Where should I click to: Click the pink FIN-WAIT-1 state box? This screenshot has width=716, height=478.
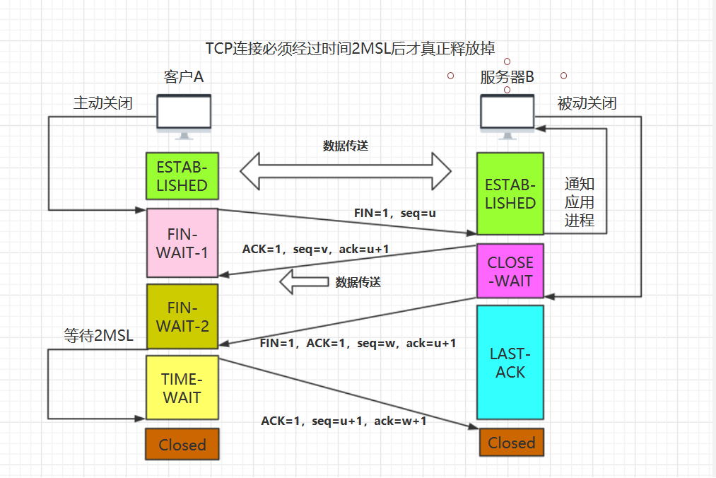[x=182, y=243]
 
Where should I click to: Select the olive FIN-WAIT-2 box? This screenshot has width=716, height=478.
[x=182, y=317]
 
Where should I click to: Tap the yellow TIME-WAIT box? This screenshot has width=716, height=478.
[x=182, y=388]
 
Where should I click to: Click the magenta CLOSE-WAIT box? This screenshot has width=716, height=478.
[x=510, y=272]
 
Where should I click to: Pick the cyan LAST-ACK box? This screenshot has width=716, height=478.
[x=510, y=362]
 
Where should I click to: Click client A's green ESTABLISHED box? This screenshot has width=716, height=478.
[x=182, y=177]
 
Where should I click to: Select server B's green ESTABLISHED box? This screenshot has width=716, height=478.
[x=510, y=194]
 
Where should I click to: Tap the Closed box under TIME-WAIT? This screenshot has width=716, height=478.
[x=182, y=445]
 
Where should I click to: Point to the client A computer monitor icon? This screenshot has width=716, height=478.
[x=183, y=117]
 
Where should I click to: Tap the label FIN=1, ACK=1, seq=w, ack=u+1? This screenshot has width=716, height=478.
[x=358, y=343]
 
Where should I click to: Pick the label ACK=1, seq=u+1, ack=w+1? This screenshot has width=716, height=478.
[x=344, y=421]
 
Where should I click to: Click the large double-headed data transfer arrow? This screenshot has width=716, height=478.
[x=345, y=170]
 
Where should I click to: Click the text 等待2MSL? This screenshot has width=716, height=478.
[x=98, y=336]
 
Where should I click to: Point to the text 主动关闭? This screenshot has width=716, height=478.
[x=103, y=103]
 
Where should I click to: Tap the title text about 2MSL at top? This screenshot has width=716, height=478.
[x=350, y=48]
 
